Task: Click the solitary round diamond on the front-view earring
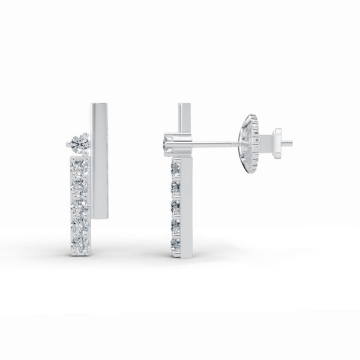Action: coord(79,143)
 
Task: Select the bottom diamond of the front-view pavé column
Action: coord(80,245)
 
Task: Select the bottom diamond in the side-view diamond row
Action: coord(176,244)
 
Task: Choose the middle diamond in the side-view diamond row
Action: coord(176,207)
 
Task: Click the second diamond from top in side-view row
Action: coord(176,188)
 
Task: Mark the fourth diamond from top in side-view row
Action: coord(176,226)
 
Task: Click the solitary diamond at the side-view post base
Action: coord(170,143)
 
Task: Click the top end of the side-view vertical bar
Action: coord(184,107)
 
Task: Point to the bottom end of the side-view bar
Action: coord(185,254)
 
